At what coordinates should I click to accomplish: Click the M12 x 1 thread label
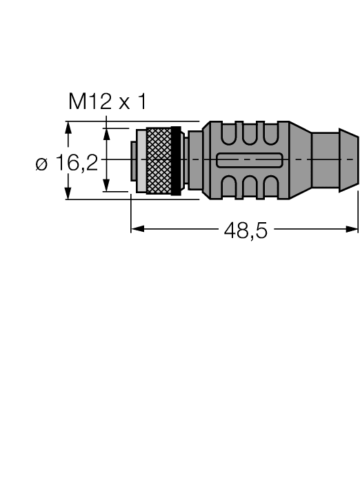107,103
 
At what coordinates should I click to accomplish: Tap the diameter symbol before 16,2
41,164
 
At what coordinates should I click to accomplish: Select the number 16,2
77,164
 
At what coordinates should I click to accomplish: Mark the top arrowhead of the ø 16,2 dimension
68,127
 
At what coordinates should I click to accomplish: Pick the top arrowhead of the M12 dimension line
106,132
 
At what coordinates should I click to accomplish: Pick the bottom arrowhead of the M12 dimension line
106,187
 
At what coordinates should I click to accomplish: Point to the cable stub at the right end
335,161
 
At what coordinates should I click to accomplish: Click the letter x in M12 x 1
123,104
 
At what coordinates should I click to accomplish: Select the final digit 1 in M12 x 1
142,103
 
